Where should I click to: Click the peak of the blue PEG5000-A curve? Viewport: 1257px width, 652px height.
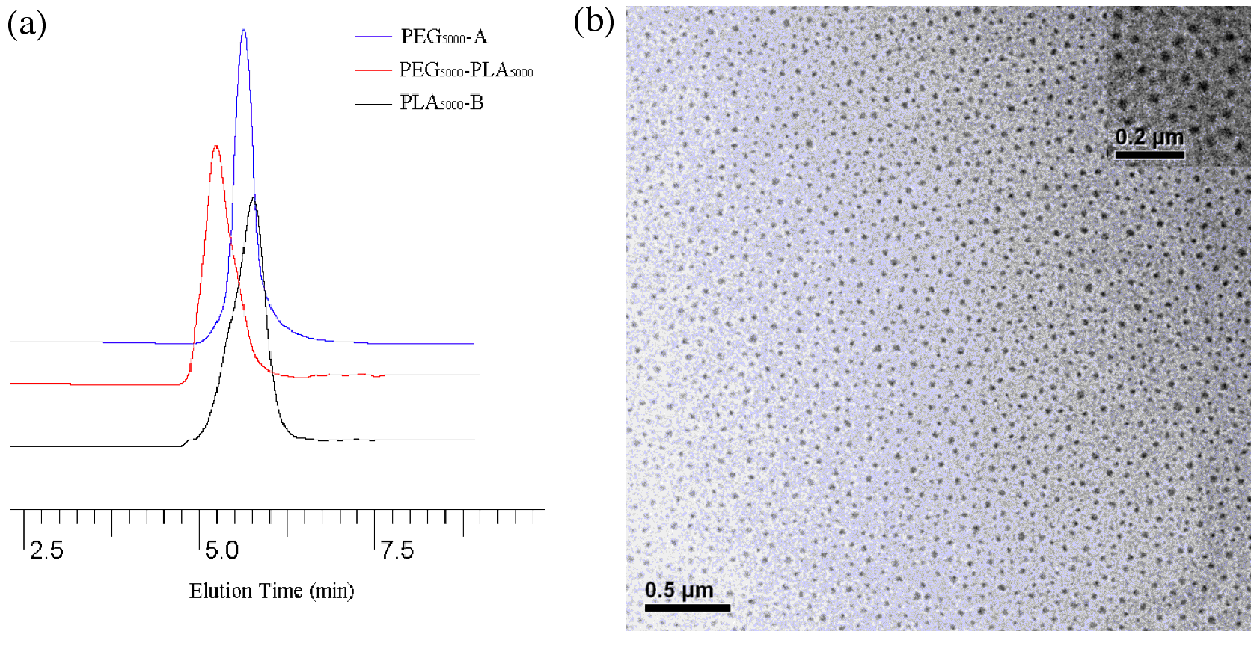pos(244,31)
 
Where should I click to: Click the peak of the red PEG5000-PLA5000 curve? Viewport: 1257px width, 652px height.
pos(216,147)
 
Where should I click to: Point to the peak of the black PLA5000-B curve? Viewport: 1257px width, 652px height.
pos(254,197)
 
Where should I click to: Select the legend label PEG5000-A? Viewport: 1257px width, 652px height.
pos(444,37)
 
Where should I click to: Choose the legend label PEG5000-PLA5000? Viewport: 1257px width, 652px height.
pos(465,70)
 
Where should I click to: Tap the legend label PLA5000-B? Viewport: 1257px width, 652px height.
pos(441,103)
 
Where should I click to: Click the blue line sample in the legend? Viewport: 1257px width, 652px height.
pos(373,37)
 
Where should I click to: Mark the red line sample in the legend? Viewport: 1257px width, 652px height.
pos(373,70)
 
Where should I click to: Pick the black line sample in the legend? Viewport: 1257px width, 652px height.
pos(373,104)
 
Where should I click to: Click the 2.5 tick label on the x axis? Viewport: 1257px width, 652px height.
pos(46,551)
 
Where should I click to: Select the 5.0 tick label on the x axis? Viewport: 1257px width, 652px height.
pos(221,551)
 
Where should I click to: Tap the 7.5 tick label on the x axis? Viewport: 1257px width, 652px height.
pos(397,551)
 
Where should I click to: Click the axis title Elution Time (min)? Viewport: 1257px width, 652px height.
pos(272,591)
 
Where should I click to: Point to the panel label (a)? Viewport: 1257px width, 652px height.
pos(27,25)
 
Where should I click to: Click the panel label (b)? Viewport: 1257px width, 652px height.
pos(593,22)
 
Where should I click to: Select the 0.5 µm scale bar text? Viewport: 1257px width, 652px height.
pos(679,590)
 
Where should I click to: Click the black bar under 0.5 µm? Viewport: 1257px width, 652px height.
pos(687,607)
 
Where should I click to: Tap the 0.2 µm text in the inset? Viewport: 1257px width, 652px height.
pos(1149,137)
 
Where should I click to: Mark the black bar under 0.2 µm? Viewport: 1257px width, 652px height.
pos(1149,155)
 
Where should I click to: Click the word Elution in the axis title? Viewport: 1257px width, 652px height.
pos(215,591)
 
